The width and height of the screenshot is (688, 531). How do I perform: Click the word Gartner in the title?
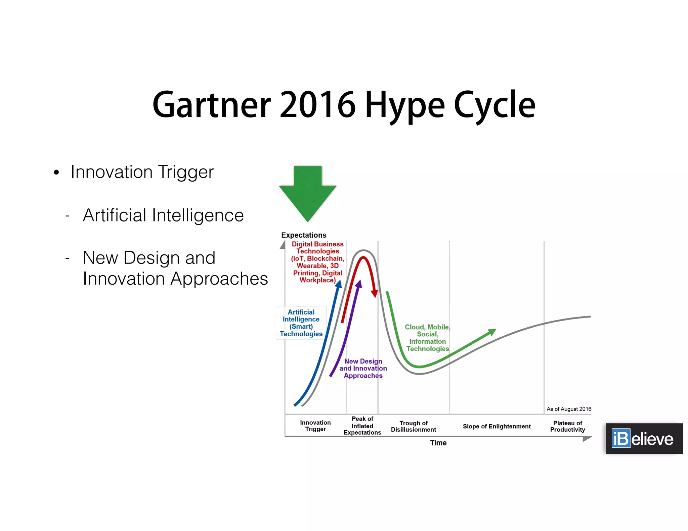pyautogui.click(x=212, y=105)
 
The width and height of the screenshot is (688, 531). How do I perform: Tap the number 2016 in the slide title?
pyautogui.click(x=317, y=105)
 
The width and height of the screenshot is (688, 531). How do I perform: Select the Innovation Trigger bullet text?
pyautogui.click(x=142, y=172)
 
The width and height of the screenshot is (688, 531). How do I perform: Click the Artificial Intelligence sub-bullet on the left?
pyautogui.click(x=163, y=215)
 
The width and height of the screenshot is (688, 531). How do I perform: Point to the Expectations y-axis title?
pyautogui.click(x=304, y=235)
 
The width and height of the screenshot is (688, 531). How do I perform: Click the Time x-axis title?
pyautogui.click(x=438, y=443)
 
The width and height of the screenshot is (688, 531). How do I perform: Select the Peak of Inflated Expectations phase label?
pyautogui.click(x=362, y=426)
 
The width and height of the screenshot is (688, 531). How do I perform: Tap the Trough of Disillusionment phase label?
pyautogui.click(x=413, y=426)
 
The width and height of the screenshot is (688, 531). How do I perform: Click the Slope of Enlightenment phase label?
pyautogui.click(x=497, y=426)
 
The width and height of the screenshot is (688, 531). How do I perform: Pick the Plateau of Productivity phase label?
pyautogui.click(x=567, y=426)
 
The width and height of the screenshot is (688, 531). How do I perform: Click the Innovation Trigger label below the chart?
pyautogui.click(x=315, y=426)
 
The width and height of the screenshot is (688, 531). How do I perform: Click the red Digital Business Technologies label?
pyautogui.click(x=317, y=262)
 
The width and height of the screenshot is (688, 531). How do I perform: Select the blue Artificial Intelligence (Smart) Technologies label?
pyautogui.click(x=301, y=323)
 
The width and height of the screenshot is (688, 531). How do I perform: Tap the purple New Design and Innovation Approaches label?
pyautogui.click(x=363, y=368)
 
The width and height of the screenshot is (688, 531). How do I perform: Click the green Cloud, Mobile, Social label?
pyautogui.click(x=427, y=338)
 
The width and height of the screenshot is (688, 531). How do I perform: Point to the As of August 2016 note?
pyautogui.click(x=568, y=409)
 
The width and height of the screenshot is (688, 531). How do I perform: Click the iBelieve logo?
pyautogui.click(x=644, y=439)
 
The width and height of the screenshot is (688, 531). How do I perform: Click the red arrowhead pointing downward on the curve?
pyautogui.click(x=374, y=294)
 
